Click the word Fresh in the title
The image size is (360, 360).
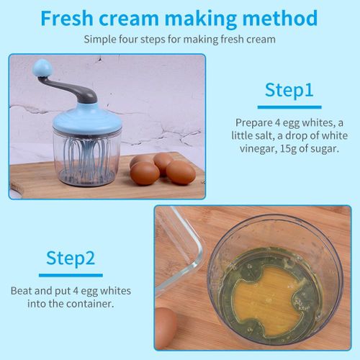coord(67,18)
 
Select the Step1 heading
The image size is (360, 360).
coord(289,90)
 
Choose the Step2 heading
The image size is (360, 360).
coord(71,258)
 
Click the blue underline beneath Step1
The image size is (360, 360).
coord(289,107)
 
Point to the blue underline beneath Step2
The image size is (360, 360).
coord(71,275)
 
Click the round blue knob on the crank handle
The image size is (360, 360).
coord(42,68)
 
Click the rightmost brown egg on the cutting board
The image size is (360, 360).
coord(181,172)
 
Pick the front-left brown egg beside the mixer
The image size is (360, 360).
coord(145,174)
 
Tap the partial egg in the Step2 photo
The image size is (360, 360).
coord(166,328)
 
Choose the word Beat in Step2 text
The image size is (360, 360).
coord(22,291)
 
